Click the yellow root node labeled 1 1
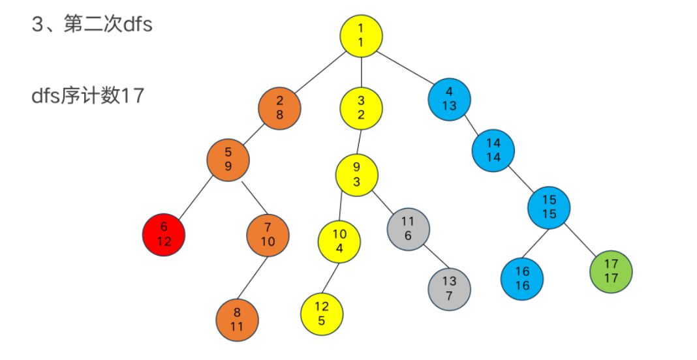click(361, 35)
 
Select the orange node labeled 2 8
click(279, 108)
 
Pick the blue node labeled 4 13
click(450, 98)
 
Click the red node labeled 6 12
click(164, 234)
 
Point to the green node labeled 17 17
click(611, 271)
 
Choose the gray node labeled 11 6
click(408, 229)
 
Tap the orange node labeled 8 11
click(237, 320)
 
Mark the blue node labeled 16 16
click(522, 278)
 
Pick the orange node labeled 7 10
click(268, 234)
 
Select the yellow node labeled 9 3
click(357, 173)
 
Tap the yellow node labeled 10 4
click(339, 240)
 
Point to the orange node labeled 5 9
click(228, 158)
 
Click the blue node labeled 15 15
click(549, 207)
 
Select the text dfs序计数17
click(87, 96)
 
